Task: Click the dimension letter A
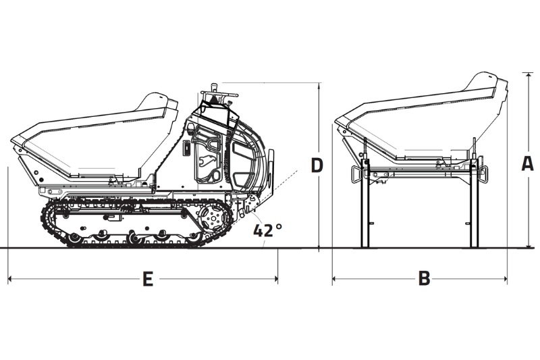coord(528,163)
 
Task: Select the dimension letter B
coord(424,278)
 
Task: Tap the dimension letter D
coord(317,165)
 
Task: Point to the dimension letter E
coord(147,278)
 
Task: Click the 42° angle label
coord(267,230)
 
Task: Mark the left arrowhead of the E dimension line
coord(11,278)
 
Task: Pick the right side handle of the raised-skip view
coord(483,173)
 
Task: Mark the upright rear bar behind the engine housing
coord(272,172)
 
